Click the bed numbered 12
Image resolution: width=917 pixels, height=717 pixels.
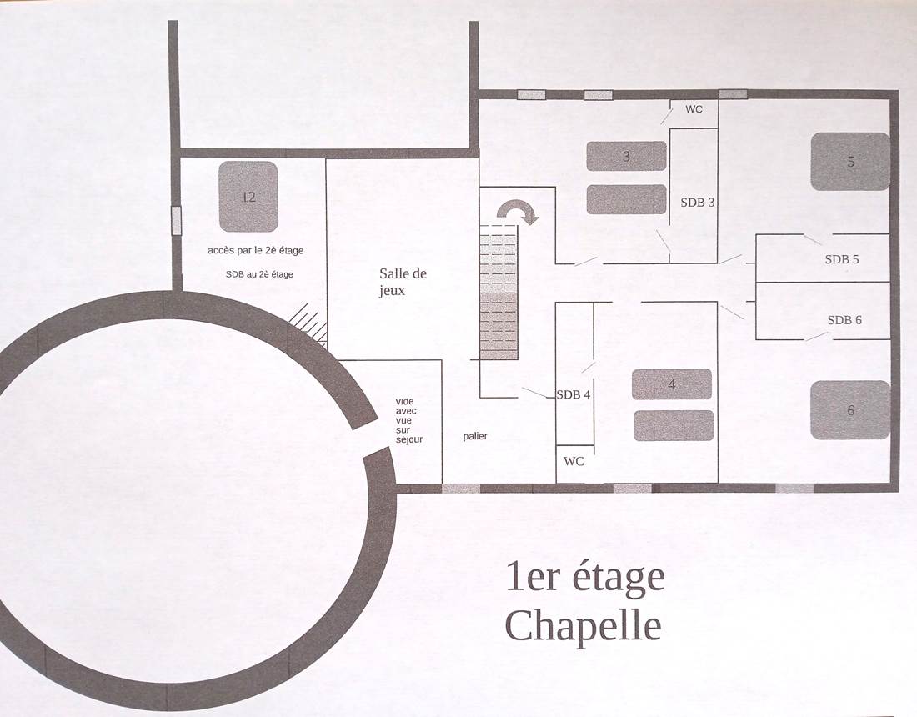point(248,197)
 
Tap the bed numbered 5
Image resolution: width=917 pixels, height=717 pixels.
point(850,161)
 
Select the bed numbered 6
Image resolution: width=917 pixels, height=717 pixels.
point(850,409)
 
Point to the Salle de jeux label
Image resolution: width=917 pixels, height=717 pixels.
point(403,282)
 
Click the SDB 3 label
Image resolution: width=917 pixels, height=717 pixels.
point(698,202)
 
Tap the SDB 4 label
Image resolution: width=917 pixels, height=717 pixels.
point(574,394)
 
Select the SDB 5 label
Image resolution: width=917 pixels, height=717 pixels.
point(842,259)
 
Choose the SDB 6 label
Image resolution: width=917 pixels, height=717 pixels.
point(844,320)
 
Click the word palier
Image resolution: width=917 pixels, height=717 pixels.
point(475,436)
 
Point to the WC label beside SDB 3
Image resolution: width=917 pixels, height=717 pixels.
point(694,109)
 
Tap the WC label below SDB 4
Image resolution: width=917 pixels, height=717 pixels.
point(574,461)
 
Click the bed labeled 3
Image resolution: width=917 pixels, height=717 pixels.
point(626,156)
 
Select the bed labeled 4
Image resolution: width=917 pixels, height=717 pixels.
point(671,384)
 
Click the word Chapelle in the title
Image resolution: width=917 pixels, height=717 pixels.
point(583,625)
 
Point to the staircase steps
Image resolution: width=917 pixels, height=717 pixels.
point(499,292)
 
